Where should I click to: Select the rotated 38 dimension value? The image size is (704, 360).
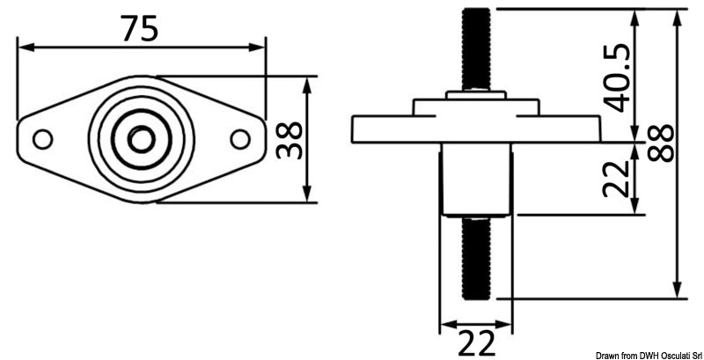tap(290, 139)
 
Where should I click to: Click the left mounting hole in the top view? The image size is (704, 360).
tap(41, 139)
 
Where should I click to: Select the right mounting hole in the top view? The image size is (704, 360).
tap(239, 139)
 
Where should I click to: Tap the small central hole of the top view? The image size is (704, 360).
tap(140, 139)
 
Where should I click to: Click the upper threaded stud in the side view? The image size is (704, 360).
tap(475, 48)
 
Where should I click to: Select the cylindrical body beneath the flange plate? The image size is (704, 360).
tap(475, 180)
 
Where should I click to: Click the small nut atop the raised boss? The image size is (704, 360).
tap(475, 94)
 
